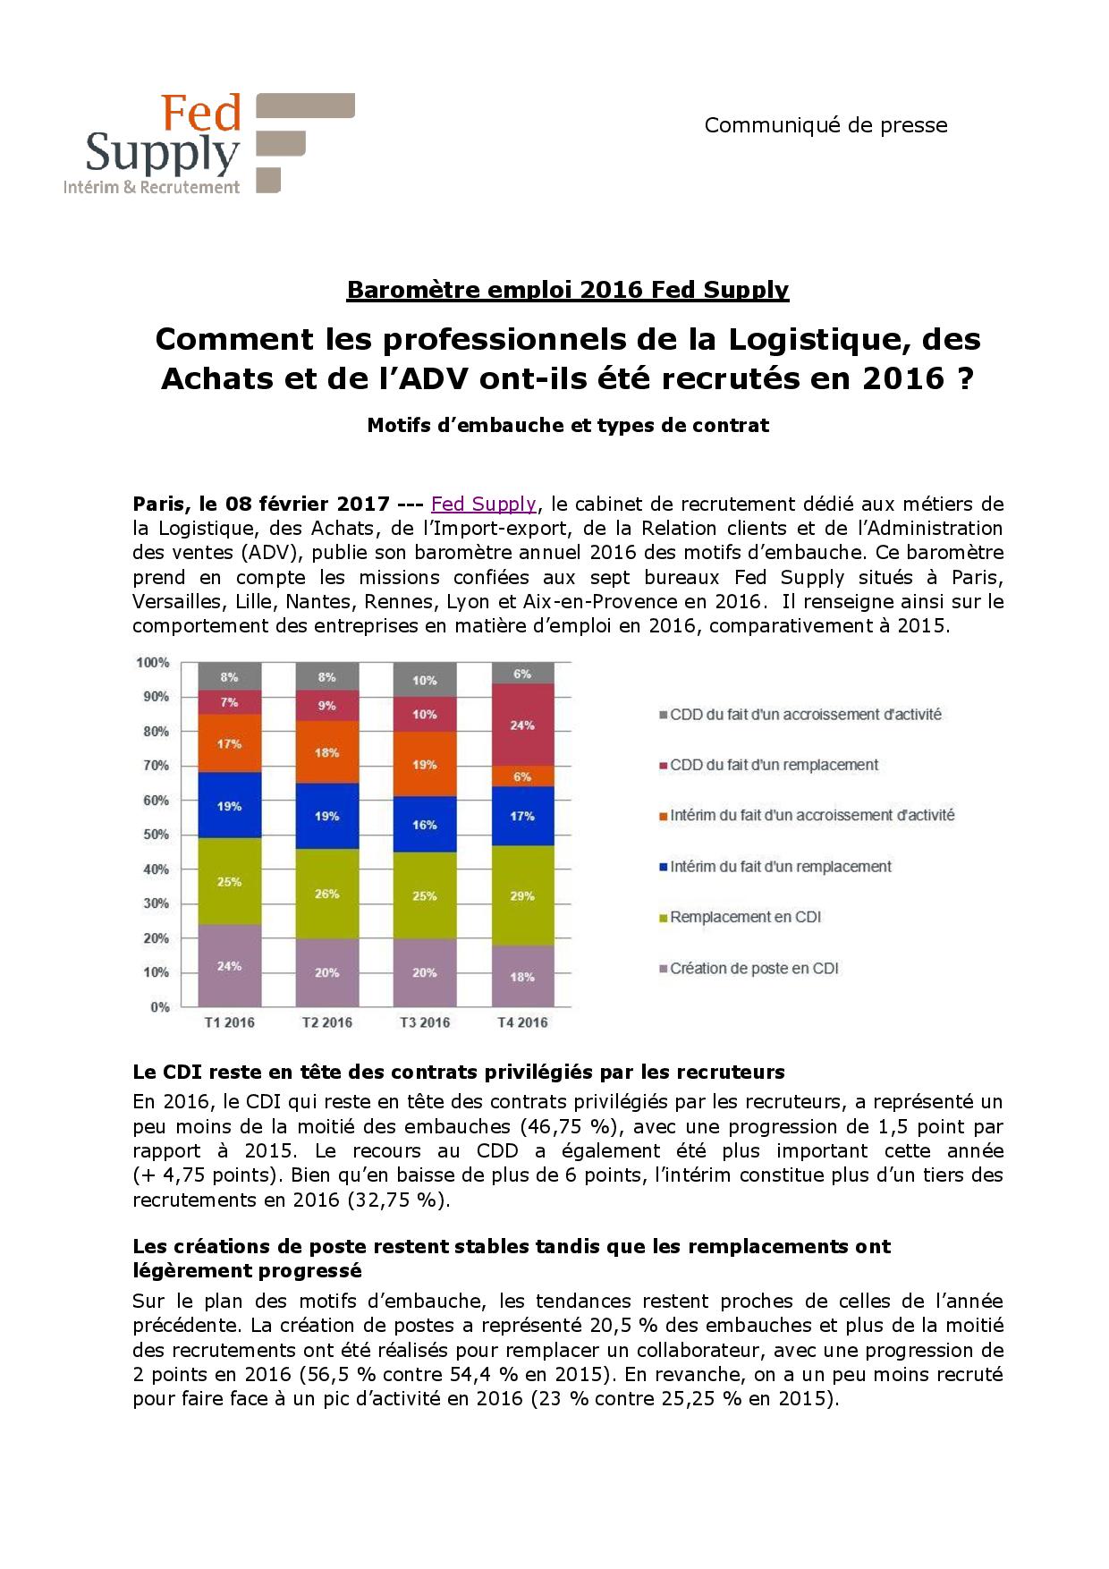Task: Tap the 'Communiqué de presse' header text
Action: [825, 125]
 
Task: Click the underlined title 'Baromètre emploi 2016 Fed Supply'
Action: [567, 290]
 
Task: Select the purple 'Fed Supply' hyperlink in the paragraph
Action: [483, 504]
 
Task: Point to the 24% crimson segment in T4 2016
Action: [522, 725]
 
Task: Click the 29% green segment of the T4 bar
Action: [522, 895]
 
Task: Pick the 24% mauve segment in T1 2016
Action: [230, 965]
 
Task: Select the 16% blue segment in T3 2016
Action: [425, 824]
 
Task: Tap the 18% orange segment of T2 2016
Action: [327, 752]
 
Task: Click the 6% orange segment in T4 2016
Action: [522, 776]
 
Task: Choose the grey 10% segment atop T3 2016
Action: [425, 680]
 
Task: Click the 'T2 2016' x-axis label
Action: [327, 1022]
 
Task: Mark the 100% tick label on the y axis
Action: [151, 663]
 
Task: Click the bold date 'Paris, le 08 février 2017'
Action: [260, 504]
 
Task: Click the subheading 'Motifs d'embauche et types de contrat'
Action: [567, 426]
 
